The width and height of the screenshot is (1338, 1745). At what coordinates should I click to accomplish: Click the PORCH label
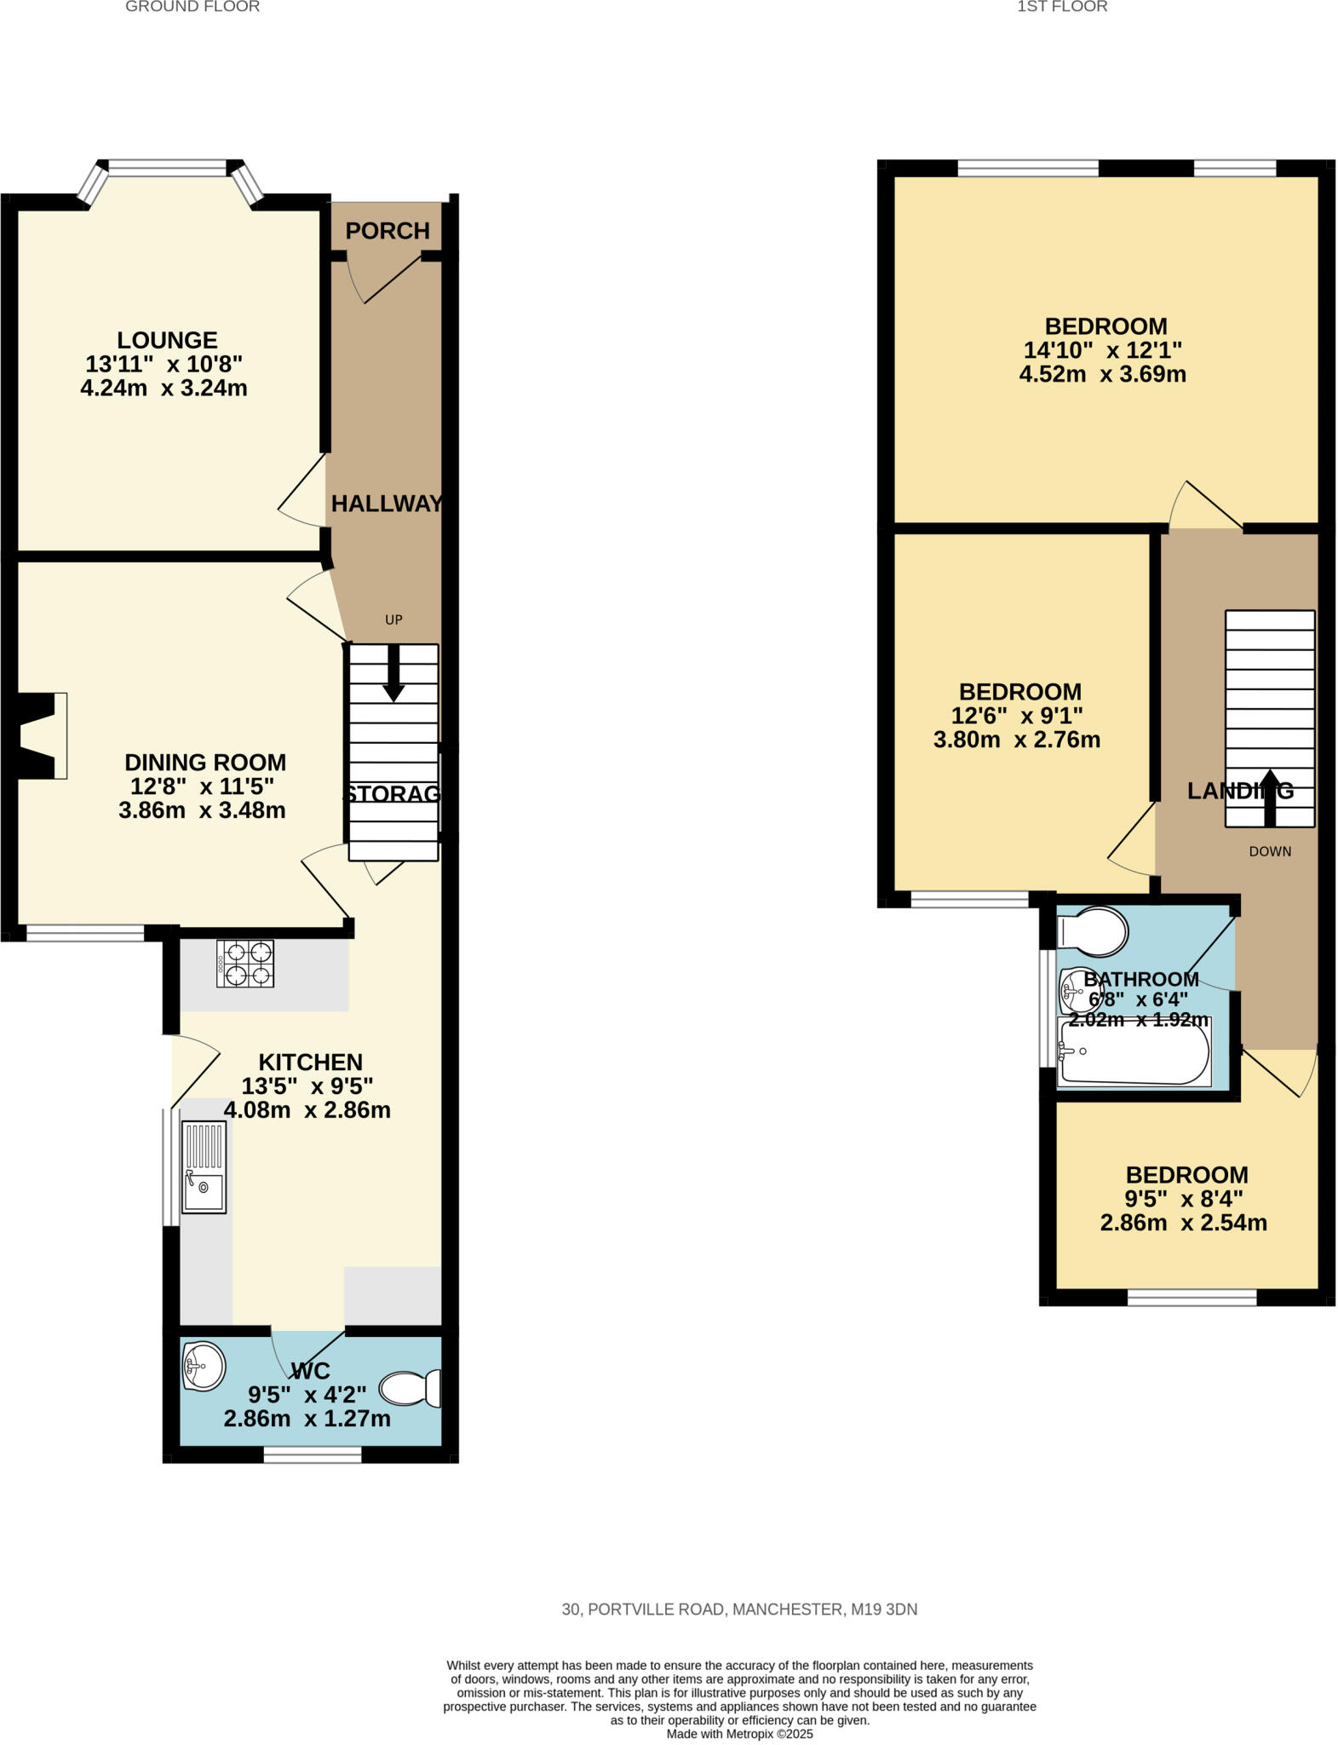[x=387, y=231]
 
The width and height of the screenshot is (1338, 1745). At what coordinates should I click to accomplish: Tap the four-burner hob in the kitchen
[x=245, y=963]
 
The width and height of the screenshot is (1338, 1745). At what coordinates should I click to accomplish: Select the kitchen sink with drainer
[x=204, y=1167]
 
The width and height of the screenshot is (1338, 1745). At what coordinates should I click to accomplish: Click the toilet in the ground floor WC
[x=411, y=1388]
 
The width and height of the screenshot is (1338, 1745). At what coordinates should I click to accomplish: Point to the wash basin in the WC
[x=204, y=1366]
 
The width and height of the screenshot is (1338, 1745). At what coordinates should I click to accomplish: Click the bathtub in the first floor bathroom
[x=1133, y=1053]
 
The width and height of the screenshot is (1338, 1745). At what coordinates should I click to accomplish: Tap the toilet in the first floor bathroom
[x=1094, y=930]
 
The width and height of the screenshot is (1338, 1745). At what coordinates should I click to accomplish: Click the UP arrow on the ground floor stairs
[x=393, y=673]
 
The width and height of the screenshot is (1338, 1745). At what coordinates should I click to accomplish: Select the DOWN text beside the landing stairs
[x=1269, y=851]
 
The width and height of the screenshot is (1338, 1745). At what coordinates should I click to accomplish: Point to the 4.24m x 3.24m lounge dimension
[x=164, y=389]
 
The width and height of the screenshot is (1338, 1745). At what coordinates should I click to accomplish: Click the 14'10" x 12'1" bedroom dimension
[x=1102, y=350]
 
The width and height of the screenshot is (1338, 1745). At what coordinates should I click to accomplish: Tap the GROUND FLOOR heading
[x=192, y=7]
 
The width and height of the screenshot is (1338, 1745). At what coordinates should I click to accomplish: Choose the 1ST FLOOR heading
[x=1061, y=7]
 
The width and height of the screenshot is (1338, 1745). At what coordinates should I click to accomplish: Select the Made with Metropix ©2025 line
[x=739, y=1734]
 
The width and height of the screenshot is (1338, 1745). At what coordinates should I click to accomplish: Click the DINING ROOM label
[x=205, y=763]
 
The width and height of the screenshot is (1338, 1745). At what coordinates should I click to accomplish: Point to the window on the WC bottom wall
[x=312, y=1454]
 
